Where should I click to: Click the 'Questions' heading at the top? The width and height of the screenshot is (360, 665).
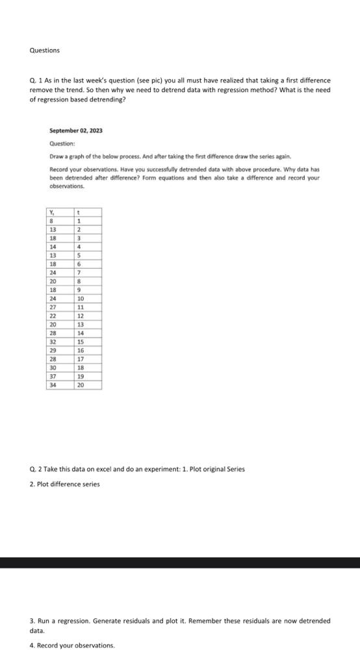[x=44, y=50]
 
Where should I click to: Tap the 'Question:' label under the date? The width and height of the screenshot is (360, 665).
[x=62, y=144]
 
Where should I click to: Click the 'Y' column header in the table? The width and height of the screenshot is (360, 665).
[x=52, y=212]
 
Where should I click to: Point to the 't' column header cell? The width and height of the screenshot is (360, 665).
[x=78, y=212]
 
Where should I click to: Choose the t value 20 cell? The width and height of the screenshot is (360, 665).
[x=79, y=384]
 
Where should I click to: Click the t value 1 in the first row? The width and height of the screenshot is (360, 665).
[x=78, y=221]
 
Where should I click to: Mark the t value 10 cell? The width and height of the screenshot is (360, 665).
[x=79, y=298]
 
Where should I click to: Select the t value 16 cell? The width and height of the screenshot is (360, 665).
[x=79, y=350]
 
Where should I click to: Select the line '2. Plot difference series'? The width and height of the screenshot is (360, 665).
[x=64, y=484]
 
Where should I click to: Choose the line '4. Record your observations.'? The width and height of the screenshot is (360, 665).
[x=71, y=645]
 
